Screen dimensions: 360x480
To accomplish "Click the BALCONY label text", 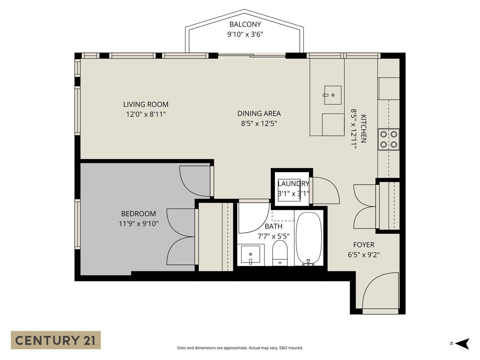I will (245, 24).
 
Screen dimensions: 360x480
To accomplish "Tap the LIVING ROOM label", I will (146, 104).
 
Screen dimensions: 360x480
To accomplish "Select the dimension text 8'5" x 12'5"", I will (259, 124).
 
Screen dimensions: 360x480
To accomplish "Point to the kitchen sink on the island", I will (332, 95).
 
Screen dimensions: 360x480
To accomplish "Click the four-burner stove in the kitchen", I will (388, 139).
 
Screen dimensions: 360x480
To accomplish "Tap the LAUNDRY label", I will (293, 184).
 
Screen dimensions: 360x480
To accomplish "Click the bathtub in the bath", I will (308, 238).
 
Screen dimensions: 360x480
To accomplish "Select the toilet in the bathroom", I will (280, 253).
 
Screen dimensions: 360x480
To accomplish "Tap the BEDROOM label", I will (139, 214).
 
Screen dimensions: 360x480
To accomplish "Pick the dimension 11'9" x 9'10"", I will (139, 224).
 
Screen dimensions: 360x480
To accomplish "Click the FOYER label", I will (364, 245).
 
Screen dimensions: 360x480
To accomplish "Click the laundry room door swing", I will (326, 190).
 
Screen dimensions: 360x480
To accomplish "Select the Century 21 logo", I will (56, 340).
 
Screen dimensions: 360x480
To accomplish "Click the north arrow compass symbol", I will (462, 344).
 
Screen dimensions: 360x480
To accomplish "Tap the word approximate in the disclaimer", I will (235, 348).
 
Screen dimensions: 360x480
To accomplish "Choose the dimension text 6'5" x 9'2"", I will (364, 255).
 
